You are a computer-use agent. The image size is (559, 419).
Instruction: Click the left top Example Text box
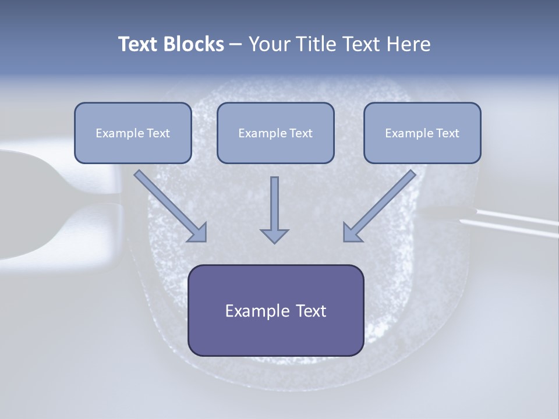(x=133, y=133)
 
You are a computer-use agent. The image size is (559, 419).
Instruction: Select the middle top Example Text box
(x=275, y=133)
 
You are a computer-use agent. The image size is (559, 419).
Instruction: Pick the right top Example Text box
(x=422, y=133)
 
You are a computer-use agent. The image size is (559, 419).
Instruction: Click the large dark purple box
(x=275, y=310)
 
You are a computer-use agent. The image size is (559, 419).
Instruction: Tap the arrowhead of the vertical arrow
(x=274, y=236)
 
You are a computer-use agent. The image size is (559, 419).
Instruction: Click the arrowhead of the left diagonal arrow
(x=199, y=233)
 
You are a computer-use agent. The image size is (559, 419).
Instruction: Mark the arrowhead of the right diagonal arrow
(x=352, y=232)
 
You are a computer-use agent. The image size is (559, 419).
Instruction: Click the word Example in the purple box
(x=253, y=311)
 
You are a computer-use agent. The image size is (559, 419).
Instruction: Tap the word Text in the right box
(x=447, y=133)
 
